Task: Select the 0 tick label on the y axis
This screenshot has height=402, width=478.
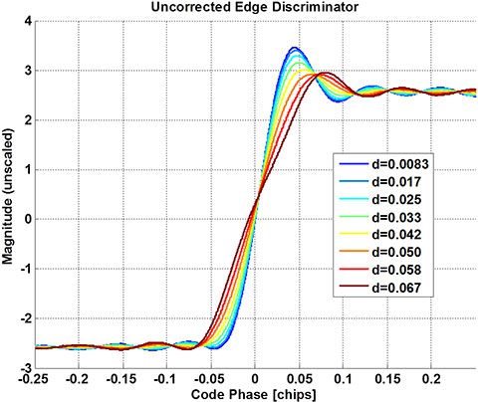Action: pyautogui.click(x=27, y=219)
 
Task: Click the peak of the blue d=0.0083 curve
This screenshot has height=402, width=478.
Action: pyautogui.click(x=294, y=48)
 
